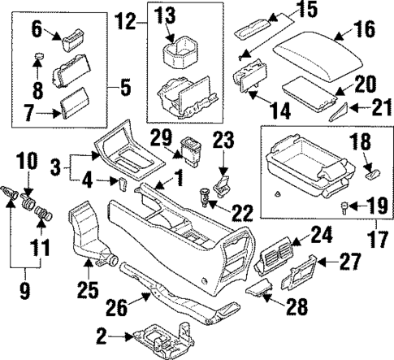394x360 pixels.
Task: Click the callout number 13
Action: click(x=166, y=12)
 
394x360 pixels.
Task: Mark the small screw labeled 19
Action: click(x=345, y=207)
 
